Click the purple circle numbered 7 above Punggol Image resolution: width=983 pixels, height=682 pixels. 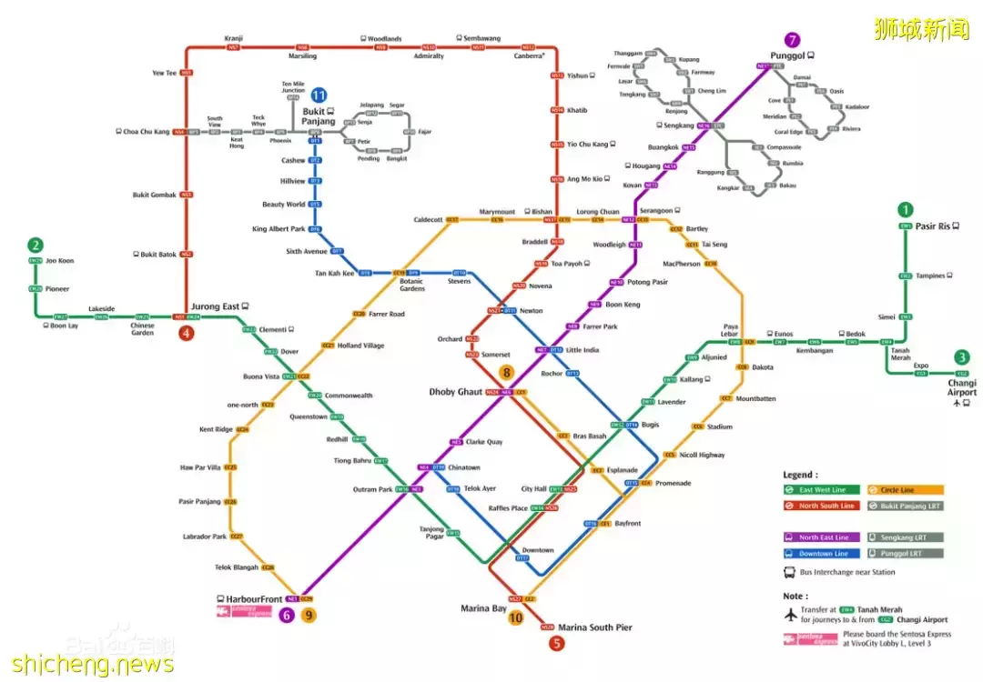click(x=793, y=40)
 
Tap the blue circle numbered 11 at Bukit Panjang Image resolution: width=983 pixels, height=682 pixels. click(x=319, y=95)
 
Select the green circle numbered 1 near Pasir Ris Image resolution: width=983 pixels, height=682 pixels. click(x=905, y=210)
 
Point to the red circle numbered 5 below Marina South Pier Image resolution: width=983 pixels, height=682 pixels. click(x=557, y=644)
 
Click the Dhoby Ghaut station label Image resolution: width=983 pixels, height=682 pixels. click(x=456, y=392)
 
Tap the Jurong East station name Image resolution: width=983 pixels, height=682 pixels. click(x=216, y=307)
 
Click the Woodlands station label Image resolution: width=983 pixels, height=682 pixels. click(x=384, y=39)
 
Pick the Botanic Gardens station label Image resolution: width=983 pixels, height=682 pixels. click(x=411, y=285)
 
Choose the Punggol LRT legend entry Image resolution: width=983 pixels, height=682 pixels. click(x=905, y=553)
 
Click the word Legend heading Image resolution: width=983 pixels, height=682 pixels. click(x=800, y=475)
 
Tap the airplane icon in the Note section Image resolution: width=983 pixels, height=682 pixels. click(x=790, y=614)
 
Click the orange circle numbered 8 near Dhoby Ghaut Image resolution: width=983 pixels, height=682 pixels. click(x=507, y=372)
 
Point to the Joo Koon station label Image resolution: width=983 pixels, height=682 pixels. click(x=60, y=261)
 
